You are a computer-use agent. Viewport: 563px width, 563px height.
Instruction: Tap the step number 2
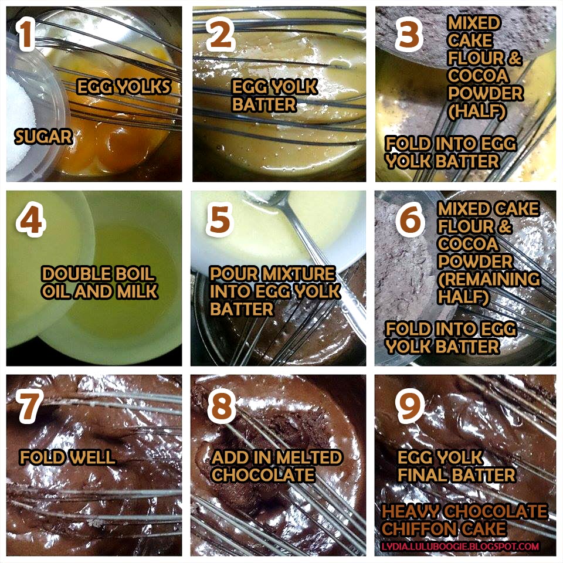(220, 34)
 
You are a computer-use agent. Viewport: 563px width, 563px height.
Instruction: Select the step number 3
(409, 34)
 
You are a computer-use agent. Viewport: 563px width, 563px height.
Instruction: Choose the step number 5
(219, 219)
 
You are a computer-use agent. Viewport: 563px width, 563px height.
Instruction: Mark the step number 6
(410, 219)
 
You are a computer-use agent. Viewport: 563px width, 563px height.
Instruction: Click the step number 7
(29, 406)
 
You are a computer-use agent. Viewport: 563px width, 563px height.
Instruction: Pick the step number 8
(222, 406)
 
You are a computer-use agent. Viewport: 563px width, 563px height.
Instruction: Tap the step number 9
(410, 406)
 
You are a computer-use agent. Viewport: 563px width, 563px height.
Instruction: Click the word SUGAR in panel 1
(43, 137)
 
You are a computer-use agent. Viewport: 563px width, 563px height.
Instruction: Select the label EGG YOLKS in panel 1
(124, 87)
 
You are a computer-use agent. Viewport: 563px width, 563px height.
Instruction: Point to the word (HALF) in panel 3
(477, 111)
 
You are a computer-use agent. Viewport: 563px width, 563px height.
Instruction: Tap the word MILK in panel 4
(137, 291)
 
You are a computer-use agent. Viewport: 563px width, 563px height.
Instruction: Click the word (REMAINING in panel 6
(489, 279)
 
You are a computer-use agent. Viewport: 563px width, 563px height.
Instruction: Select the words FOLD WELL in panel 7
(67, 457)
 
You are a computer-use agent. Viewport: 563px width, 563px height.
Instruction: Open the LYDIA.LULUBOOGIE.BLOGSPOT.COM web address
(460, 547)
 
